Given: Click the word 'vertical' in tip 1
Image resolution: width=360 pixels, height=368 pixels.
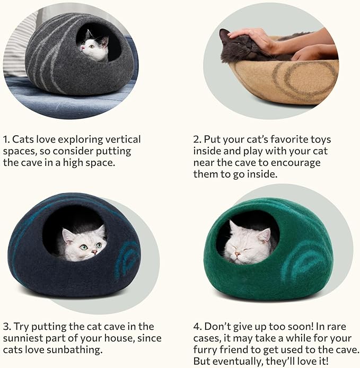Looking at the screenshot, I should click(x=118, y=139).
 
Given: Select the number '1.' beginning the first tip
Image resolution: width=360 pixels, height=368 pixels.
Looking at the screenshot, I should click(x=6, y=139).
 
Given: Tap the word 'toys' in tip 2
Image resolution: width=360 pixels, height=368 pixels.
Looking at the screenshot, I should click(x=320, y=139).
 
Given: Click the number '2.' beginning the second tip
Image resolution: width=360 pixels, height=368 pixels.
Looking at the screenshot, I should click(x=197, y=139).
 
